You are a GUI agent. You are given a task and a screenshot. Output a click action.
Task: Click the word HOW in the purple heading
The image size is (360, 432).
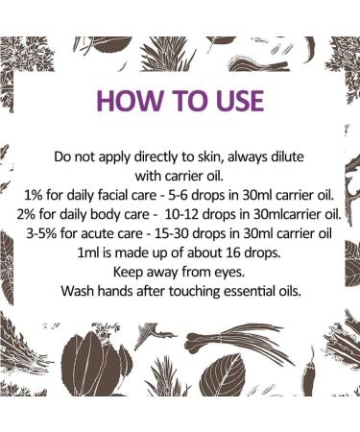coord(127,102)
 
